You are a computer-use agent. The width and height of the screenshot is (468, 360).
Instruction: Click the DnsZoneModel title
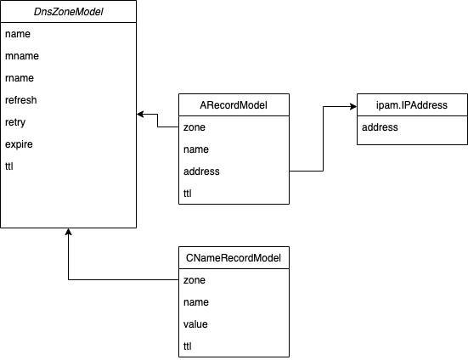(x=68, y=12)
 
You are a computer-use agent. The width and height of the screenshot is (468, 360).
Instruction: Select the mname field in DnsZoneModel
(x=22, y=56)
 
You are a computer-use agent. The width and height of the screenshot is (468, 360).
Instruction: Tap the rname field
(x=20, y=78)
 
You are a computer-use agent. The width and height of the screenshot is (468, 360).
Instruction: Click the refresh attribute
(x=21, y=100)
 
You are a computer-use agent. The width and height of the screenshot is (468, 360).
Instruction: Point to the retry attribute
(x=15, y=122)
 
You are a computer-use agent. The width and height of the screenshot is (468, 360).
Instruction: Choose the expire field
(x=19, y=144)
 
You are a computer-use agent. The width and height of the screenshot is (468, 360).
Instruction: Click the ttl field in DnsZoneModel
(x=9, y=166)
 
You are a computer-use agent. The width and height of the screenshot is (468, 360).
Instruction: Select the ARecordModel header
(x=234, y=105)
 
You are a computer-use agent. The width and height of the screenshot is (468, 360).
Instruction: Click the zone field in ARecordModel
(x=195, y=127)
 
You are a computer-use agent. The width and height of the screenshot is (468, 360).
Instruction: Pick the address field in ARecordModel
(x=201, y=172)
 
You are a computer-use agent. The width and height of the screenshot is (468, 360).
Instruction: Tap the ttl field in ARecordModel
(x=187, y=194)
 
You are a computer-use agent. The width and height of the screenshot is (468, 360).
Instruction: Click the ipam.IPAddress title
(x=412, y=105)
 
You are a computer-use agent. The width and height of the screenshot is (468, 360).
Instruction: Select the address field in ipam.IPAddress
(x=380, y=127)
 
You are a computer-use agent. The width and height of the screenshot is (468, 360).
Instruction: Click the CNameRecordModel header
(x=234, y=258)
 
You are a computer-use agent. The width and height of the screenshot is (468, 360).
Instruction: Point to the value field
(x=195, y=323)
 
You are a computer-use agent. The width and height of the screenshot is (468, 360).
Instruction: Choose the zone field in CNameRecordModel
(x=195, y=280)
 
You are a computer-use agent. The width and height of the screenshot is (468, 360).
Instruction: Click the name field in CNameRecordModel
(x=196, y=301)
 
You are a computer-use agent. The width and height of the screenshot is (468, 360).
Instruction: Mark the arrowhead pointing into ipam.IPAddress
(x=353, y=106)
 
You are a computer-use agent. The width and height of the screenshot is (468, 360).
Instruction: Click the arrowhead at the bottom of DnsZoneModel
(x=68, y=232)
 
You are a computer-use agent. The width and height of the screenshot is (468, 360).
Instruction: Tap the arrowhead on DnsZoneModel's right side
(x=140, y=114)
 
